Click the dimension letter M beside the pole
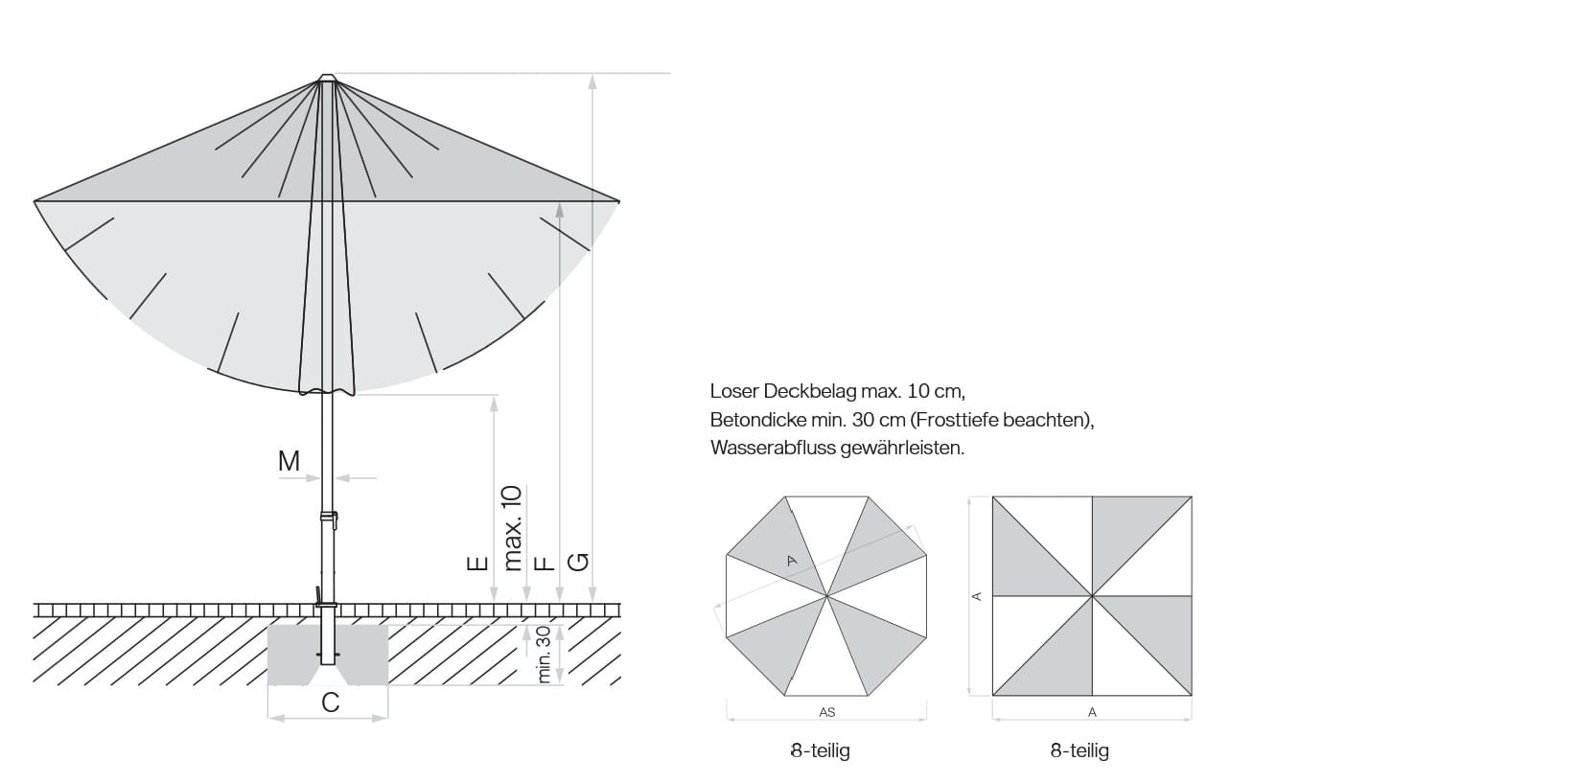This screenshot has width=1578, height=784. point(289,461)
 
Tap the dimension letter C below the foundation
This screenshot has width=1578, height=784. point(330,703)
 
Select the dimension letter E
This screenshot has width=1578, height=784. point(477,563)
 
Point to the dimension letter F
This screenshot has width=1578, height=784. point(544,563)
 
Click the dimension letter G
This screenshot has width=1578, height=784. point(578,562)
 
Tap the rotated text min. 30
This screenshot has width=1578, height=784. point(544,655)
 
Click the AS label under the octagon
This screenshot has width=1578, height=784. point(827,712)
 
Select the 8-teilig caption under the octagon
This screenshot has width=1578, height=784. point(820,750)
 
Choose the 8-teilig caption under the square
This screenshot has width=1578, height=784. point(1079,750)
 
